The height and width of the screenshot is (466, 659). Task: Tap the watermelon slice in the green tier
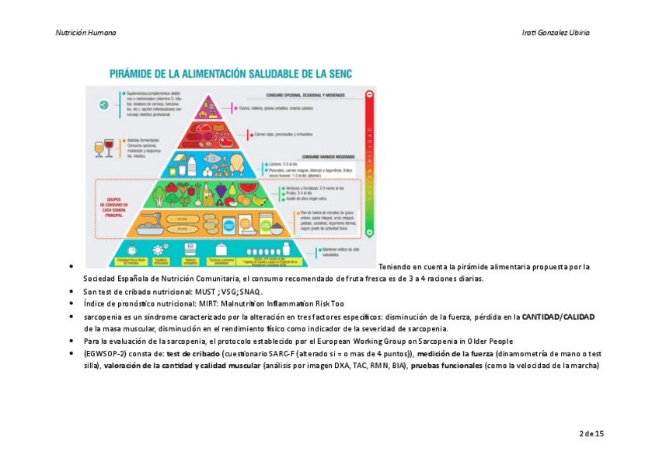click(247, 188)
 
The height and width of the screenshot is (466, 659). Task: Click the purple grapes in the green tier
click(221, 189)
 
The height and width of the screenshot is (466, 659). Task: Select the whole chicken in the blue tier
click(237, 165)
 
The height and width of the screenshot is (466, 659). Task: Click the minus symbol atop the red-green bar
click(369, 93)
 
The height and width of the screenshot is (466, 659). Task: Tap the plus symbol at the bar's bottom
click(369, 232)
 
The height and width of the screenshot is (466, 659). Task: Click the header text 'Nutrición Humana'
click(85, 33)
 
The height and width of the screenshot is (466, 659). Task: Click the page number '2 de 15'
click(591, 433)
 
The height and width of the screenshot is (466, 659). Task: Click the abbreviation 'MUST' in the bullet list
click(206, 291)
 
